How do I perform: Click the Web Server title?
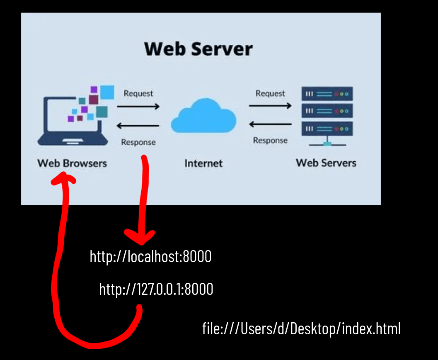[x=198, y=49]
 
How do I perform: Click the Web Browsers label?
[x=72, y=163]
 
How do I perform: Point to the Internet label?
[x=203, y=163]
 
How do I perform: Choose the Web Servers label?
[x=326, y=162]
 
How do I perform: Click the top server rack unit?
[x=327, y=94]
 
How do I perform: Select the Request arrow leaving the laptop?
[x=138, y=107]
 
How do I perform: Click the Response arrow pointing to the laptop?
[x=138, y=126]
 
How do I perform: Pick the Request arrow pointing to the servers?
[x=270, y=106]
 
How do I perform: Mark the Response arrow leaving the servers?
[x=270, y=124]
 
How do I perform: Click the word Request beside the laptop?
[x=138, y=94]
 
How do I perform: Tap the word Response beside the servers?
[x=270, y=141]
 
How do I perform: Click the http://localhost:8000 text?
[x=151, y=257]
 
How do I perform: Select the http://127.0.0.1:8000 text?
[x=156, y=289]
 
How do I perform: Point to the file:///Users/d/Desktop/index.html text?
[x=301, y=329]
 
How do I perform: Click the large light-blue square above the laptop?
[x=107, y=92]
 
